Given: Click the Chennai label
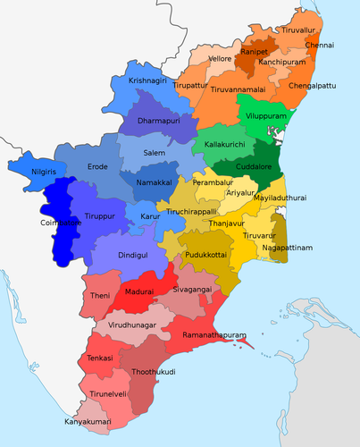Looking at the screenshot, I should point(319,44).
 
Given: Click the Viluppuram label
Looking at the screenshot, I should point(265,115).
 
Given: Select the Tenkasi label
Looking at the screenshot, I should point(100,359).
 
